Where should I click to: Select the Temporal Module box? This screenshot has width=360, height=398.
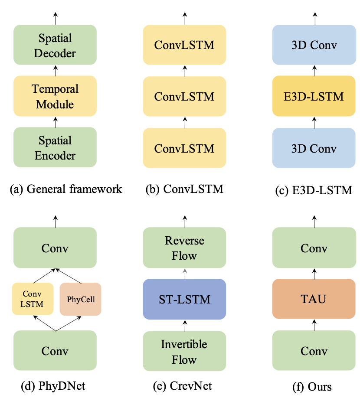point(55,96)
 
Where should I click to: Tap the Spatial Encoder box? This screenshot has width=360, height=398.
point(55,147)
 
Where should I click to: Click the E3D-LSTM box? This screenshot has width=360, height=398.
point(314,96)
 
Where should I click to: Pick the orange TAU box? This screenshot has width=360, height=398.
point(314,299)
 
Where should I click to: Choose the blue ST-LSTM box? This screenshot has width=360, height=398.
point(184,299)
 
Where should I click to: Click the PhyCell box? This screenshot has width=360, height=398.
point(80,299)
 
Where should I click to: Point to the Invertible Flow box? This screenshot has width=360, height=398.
point(184,352)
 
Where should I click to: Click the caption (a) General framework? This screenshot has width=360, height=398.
point(66,189)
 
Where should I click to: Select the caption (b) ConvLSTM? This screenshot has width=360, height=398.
point(184,189)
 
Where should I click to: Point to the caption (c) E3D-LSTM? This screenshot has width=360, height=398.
point(314,190)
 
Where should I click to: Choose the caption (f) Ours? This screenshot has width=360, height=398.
point(314,385)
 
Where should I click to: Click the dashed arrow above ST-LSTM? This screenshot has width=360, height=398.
point(184,274)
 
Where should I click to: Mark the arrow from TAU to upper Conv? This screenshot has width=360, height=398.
point(314,274)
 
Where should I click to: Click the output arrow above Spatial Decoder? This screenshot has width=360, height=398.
point(55,18)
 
